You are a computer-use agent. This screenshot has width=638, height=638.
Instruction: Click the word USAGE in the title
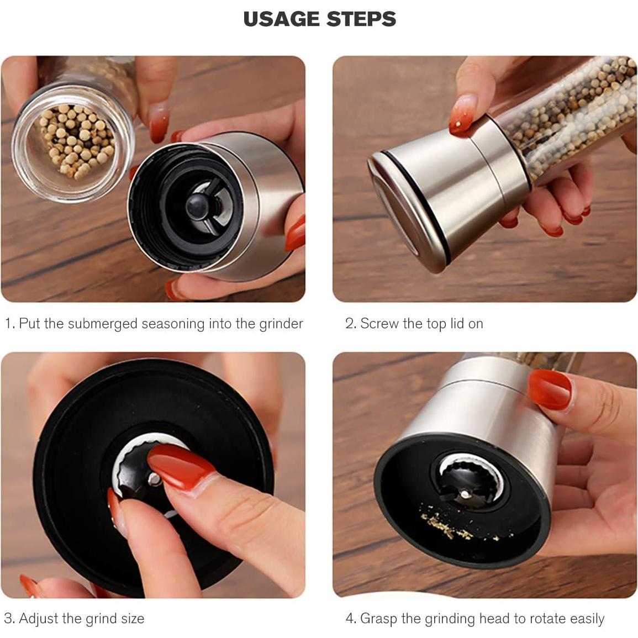point(281,19)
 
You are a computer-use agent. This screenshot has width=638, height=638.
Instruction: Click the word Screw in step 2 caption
point(379,324)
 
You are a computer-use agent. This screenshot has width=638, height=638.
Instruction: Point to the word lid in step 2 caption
point(457,324)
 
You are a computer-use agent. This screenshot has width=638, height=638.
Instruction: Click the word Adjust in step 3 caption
point(39,619)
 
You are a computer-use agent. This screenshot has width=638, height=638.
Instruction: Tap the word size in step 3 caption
point(133,619)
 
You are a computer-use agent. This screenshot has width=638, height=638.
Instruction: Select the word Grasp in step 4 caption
point(378,619)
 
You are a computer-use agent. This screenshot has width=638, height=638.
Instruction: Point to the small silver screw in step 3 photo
point(154,479)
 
